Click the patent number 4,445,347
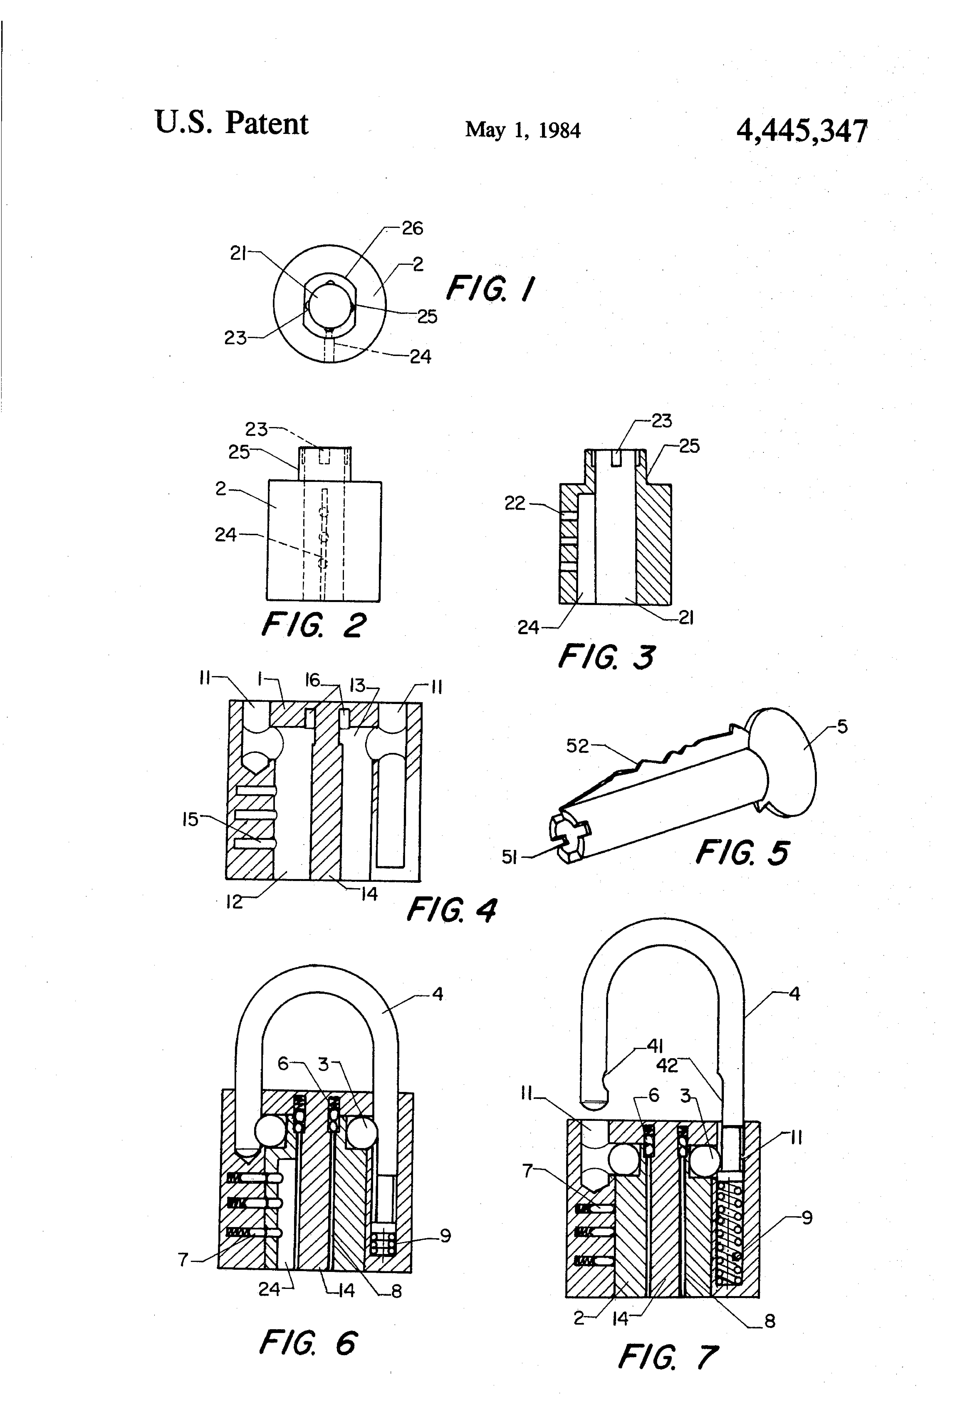[802, 131]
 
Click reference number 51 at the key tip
[509, 857]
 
